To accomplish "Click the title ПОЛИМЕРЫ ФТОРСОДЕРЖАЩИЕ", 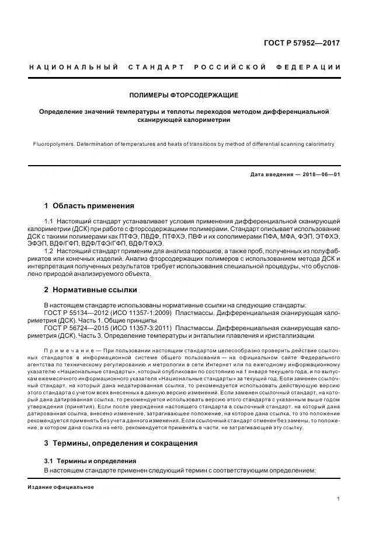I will tap(184, 94).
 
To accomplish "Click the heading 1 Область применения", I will tap(89, 206).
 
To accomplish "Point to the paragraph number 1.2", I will tap(49, 250).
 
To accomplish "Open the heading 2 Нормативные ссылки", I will tap(91, 289).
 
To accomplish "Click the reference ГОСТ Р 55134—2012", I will tap(74, 313).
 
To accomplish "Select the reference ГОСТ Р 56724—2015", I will tap(74, 328).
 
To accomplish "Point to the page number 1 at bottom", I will tap(339, 499).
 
